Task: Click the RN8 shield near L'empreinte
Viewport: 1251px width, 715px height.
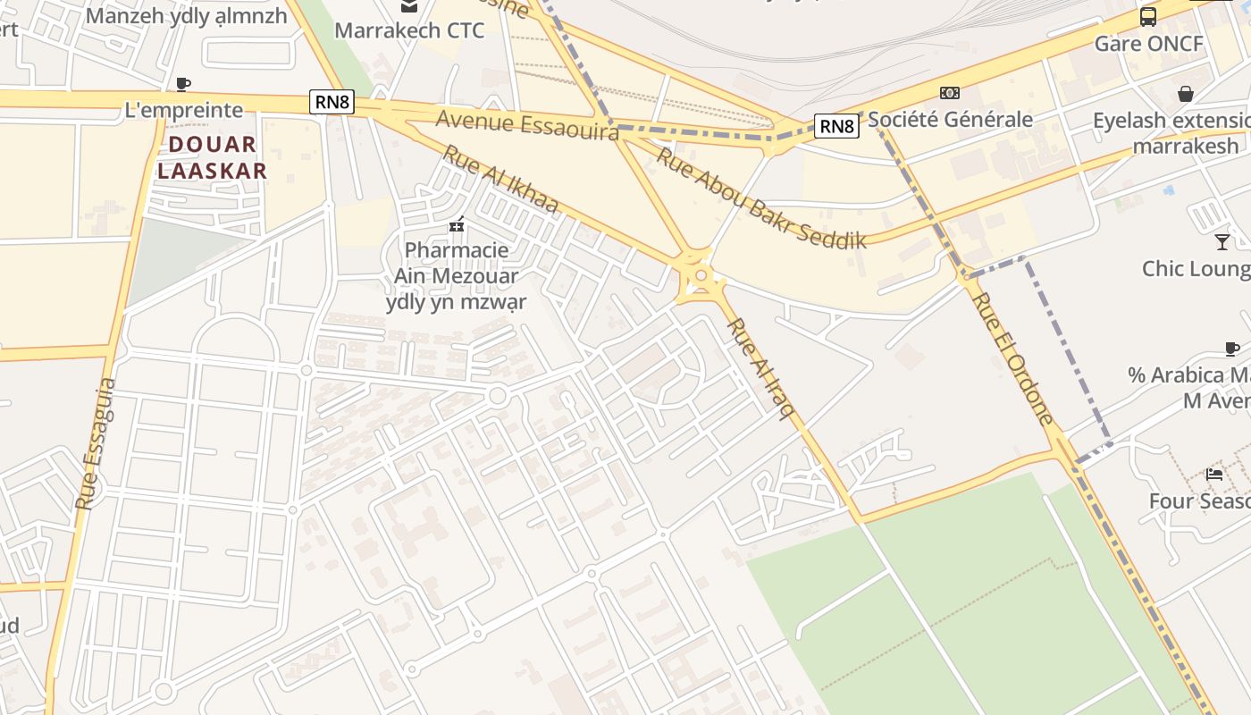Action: click(x=332, y=102)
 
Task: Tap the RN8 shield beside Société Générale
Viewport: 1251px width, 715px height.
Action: click(x=836, y=126)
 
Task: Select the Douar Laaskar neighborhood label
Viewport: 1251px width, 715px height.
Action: click(x=213, y=157)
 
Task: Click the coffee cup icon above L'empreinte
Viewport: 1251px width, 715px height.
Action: click(x=183, y=84)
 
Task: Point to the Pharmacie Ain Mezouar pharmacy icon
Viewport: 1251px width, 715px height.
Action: click(x=457, y=225)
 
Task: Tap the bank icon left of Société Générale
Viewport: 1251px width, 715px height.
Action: click(x=949, y=93)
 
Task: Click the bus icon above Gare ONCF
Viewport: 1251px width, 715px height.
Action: click(x=1148, y=17)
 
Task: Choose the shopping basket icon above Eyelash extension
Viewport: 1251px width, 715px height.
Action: click(x=1186, y=94)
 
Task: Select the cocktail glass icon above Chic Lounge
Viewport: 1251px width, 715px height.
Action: click(x=1222, y=241)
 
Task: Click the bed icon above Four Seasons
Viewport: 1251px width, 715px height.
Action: click(x=1213, y=474)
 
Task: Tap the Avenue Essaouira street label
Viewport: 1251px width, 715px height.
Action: click(x=527, y=124)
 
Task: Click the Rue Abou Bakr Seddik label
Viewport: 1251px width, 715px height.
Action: click(x=761, y=198)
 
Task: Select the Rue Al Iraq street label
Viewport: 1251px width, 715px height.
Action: click(x=760, y=367)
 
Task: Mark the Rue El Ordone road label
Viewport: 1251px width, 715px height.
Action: click(x=1012, y=357)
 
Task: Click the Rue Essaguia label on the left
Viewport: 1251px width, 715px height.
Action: click(x=96, y=444)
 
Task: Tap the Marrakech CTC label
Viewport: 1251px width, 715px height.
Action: click(x=409, y=30)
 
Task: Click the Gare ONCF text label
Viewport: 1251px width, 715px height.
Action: click(x=1149, y=43)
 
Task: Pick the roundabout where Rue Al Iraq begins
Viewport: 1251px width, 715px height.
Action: click(x=701, y=276)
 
